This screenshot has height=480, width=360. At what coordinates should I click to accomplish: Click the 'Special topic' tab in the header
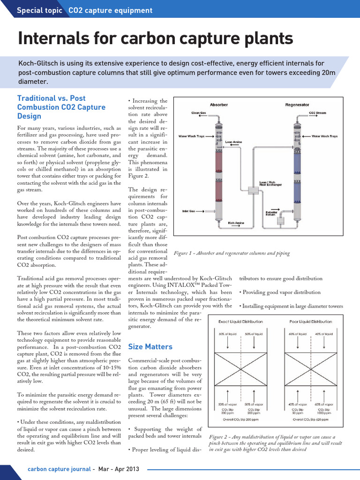pos(39,10)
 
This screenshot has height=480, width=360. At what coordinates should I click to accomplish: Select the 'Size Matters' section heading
pos(150,347)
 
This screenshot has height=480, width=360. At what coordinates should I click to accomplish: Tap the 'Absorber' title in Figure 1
pos(219,105)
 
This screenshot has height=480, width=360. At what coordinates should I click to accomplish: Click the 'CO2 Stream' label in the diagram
pos(318,113)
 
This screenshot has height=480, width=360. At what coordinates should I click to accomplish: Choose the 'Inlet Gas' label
pos(189,211)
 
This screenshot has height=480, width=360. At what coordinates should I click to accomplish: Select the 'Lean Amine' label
pos(234,141)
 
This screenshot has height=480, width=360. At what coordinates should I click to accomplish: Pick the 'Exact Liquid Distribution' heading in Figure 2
pos(240,322)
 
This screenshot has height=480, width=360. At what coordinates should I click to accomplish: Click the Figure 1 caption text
pos(232,253)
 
